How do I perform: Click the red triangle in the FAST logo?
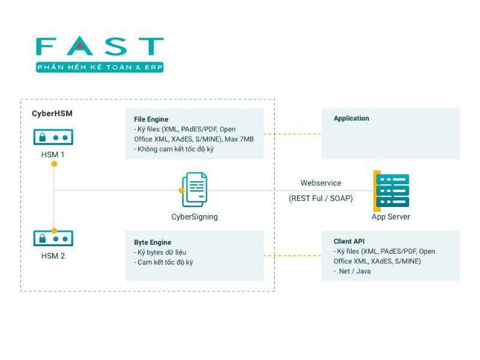80,46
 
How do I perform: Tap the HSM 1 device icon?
53,137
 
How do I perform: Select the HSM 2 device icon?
53,238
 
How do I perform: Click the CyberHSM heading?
52,113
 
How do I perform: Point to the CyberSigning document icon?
194,190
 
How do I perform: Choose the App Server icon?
391,191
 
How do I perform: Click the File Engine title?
151,119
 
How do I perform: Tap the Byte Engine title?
152,242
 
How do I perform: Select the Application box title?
352,118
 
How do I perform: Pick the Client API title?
349,241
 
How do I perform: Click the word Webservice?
321,183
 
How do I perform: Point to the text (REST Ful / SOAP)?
321,199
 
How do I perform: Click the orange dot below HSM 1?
54,164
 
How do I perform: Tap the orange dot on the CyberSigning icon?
182,191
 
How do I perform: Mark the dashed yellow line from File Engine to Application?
292,134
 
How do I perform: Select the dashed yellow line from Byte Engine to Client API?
292,256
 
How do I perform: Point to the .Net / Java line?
352,272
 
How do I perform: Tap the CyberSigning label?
194,217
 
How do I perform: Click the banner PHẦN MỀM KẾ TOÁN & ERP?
100,67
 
